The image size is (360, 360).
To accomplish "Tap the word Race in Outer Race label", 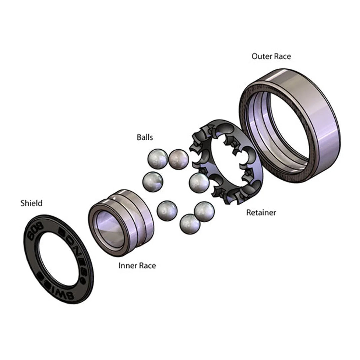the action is tap(282, 56).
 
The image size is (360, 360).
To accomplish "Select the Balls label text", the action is tap(145, 137).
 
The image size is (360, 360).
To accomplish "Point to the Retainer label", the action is tap(261, 213).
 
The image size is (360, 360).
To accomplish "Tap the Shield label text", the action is tap(31, 203).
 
